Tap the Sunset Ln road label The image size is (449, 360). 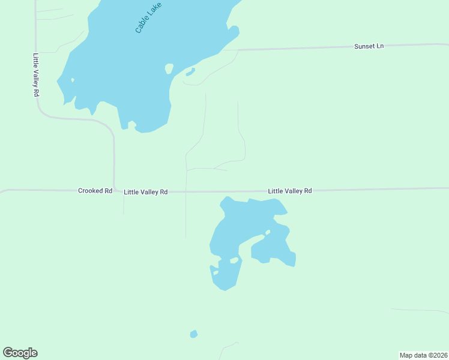tap(369, 46)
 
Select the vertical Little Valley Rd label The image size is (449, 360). tap(35, 75)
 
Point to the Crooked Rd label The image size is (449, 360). tap(95, 191)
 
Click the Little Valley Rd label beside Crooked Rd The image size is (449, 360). tap(145, 192)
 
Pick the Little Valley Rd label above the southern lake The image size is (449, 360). tap(290, 191)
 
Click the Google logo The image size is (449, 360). tap(20, 353)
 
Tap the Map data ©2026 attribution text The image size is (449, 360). tap(423, 355)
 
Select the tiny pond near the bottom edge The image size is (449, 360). tap(193, 334)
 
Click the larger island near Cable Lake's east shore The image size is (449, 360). tap(169, 68)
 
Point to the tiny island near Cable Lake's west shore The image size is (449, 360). tap(73, 80)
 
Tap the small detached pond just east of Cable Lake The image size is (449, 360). tap(190, 73)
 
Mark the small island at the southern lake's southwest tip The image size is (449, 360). tap(215, 273)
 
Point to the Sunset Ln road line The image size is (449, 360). tap(300, 48)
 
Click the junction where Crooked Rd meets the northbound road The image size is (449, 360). tap(114, 191)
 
